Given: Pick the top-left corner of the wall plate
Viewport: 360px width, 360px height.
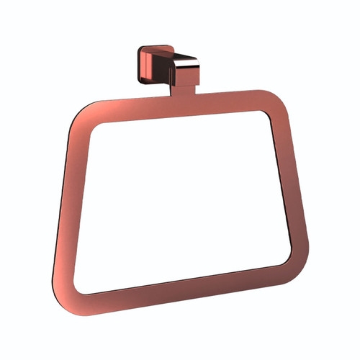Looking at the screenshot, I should click(x=141, y=49).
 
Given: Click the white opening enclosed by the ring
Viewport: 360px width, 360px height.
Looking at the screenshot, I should click(x=180, y=194).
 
